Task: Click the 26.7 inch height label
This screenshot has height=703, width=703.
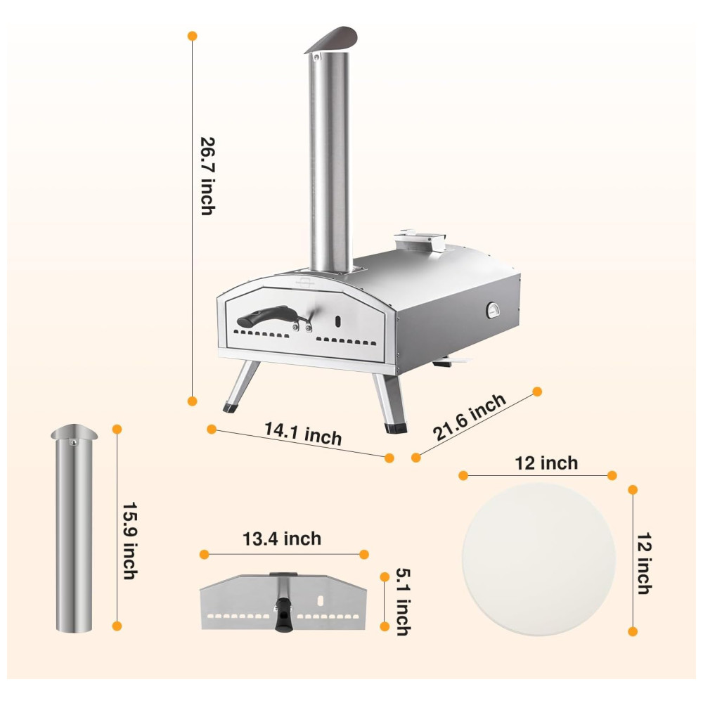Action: coord(207,176)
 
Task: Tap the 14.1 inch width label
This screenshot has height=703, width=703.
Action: coord(303,433)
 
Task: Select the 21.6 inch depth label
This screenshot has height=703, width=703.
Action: coord(469,416)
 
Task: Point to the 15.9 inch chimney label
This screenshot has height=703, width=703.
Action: coord(129,540)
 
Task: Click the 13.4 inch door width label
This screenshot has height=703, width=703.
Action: coord(282,538)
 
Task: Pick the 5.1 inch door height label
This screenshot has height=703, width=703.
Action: coord(403,602)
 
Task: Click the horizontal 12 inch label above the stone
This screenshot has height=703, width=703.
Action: coord(546,463)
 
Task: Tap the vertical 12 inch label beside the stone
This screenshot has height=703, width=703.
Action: coord(645,563)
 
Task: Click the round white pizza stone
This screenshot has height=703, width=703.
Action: coord(539,560)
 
